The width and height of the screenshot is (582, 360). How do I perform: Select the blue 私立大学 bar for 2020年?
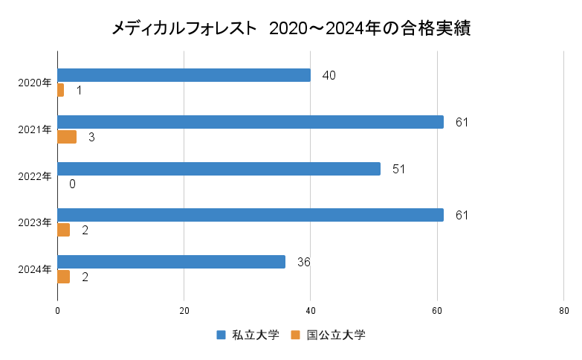point(184,75)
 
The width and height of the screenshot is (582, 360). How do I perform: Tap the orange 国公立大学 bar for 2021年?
point(67,137)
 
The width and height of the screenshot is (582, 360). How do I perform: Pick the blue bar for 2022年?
point(219,168)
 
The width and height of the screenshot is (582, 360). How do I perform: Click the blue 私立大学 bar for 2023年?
point(250,215)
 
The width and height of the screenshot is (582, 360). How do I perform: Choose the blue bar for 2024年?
point(171,262)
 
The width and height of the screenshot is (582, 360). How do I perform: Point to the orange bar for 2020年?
point(61,90)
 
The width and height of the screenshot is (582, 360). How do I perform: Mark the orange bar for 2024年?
point(64,277)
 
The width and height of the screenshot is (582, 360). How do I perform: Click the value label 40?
point(329,76)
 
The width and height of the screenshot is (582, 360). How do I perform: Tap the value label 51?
point(398,169)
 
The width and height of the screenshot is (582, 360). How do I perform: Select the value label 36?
point(303,262)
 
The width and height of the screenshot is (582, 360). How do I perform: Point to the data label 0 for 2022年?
point(72,184)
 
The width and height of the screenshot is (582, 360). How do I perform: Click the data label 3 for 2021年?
point(91,137)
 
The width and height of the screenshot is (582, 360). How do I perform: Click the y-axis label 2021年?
point(35,129)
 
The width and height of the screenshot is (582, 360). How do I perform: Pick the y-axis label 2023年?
point(35,222)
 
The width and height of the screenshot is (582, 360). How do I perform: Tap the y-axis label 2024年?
point(35,269)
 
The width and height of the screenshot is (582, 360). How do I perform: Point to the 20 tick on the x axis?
point(184,311)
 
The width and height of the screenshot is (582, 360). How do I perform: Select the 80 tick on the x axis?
point(563,311)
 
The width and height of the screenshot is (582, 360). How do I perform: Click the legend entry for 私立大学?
point(248,335)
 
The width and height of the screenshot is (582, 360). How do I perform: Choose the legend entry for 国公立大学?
point(327,335)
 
